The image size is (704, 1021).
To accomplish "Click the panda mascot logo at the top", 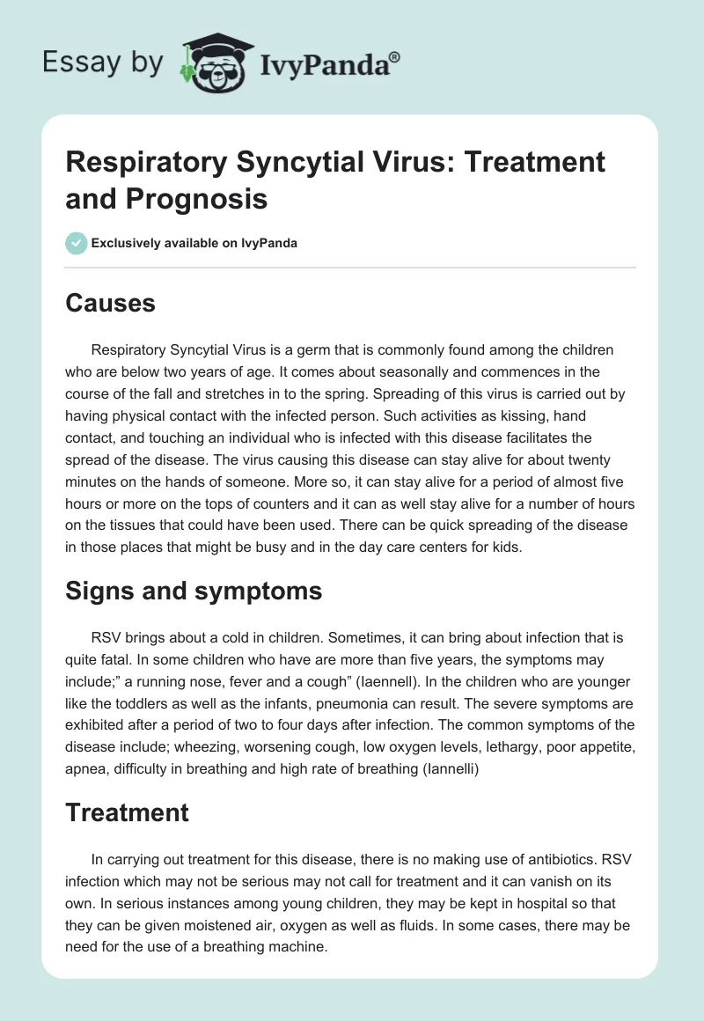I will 215,62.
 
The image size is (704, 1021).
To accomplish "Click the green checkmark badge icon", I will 77,243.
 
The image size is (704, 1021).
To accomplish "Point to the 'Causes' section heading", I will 110,304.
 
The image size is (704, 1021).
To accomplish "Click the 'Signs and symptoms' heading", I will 194,591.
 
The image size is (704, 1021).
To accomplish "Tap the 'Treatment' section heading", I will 127,812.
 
